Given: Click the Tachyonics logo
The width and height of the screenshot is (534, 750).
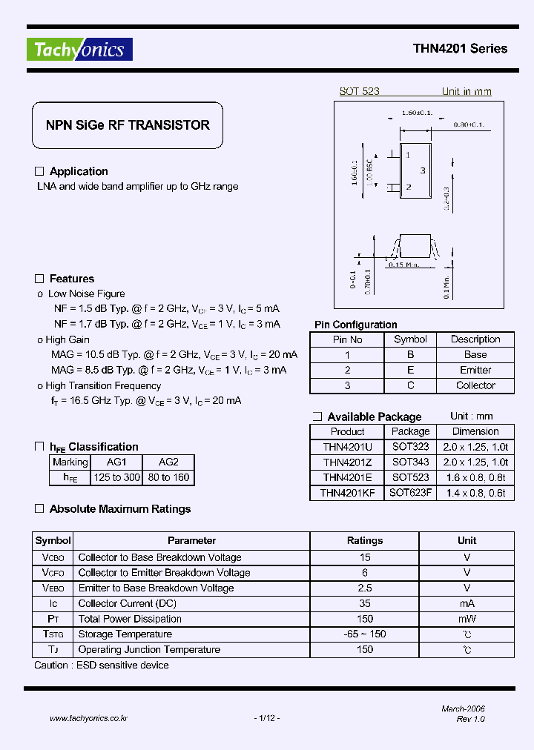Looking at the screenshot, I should click(x=79, y=49).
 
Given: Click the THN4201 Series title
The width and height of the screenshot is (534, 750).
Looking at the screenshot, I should click(x=460, y=49).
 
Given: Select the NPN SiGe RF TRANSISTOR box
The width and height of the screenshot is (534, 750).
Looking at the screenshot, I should click(x=128, y=125).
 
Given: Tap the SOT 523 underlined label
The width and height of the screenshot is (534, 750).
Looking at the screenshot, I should click(x=359, y=91).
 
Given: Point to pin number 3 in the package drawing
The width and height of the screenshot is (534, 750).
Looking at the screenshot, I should click(x=422, y=170).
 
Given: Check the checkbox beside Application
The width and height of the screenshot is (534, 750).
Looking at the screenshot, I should click(x=40, y=171).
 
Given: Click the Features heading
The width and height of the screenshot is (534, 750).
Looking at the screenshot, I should click(x=71, y=279).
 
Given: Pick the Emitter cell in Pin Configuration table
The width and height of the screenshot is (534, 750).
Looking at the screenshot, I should click(x=475, y=370).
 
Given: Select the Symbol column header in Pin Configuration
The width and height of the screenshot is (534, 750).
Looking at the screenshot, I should click(x=410, y=339).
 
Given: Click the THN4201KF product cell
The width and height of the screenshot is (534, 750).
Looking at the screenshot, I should click(x=347, y=492).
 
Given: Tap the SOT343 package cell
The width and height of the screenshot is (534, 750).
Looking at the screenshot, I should click(x=410, y=462).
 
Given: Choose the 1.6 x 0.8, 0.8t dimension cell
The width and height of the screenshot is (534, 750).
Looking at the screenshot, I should click(x=475, y=477).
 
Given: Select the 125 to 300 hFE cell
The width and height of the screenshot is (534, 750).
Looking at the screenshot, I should click(x=116, y=477).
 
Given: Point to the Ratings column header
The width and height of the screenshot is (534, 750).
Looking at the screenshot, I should click(x=365, y=540).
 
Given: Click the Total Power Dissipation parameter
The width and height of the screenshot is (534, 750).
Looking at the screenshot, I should click(x=130, y=619).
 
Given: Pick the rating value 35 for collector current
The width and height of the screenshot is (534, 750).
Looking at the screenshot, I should click(x=365, y=603).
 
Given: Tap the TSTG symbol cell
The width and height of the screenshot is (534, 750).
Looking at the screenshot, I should click(x=53, y=634).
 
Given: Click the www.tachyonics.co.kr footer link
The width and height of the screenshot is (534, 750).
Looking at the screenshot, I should click(x=88, y=718).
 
